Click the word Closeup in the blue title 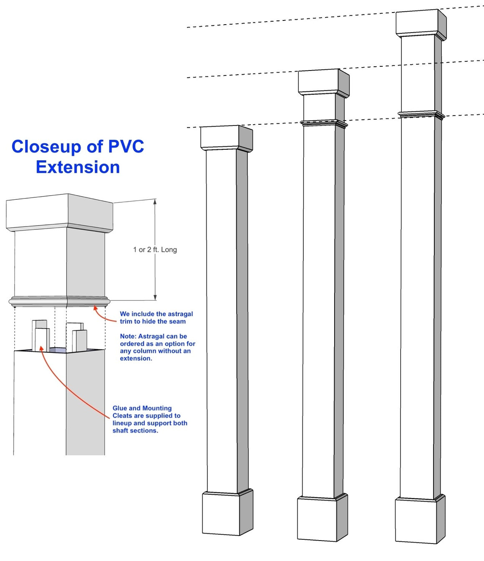[46, 147]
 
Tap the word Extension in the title [78, 167]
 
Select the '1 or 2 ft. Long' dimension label [155, 250]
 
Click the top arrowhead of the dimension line [155, 201]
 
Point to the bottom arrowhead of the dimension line [155, 298]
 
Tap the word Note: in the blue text [128, 336]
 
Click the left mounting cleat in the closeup [41, 336]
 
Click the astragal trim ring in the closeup [59, 302]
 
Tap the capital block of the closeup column [59, 213]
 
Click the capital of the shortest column [227, 138]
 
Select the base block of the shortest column [228, 513]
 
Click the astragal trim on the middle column [324, 124]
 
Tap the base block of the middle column [323, 518]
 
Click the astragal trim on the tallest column [421, 114]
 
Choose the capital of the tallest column [421, 25]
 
